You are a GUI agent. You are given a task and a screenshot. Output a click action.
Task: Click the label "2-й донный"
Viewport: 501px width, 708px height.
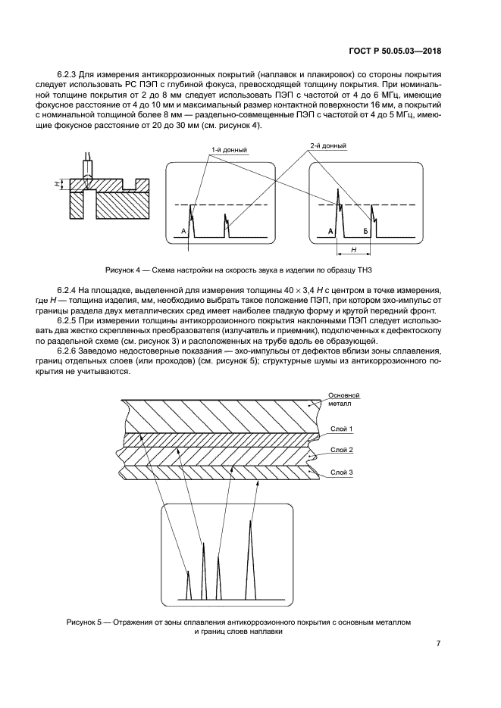pyautogui.click(x=328, y=145)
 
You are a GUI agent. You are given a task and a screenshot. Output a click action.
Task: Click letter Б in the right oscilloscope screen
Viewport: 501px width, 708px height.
pyautogui.click(x=365, y=230)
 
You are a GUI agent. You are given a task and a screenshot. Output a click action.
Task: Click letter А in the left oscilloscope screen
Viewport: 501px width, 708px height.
pyautogui.click(x=183, y=230)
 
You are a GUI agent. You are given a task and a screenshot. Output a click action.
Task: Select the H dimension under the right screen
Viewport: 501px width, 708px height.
pyautogui.click(x=353, y=248)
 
